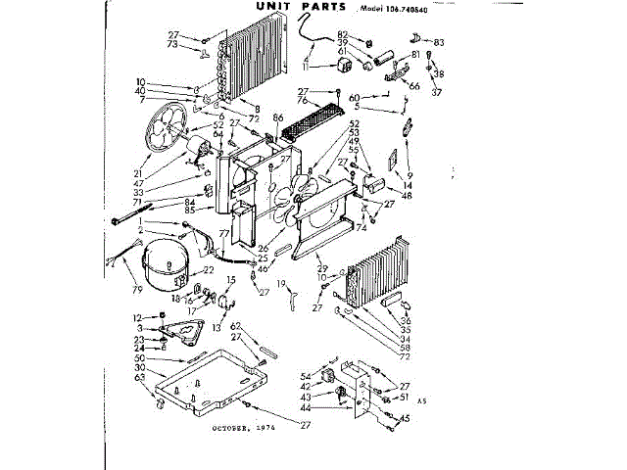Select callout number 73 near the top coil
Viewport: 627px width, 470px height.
point(172,45)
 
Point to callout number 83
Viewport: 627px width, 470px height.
point(439,41)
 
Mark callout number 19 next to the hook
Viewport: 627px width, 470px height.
point(279,284)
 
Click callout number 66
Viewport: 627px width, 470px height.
point(414,86)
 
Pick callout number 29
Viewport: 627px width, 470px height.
point(320,267)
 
